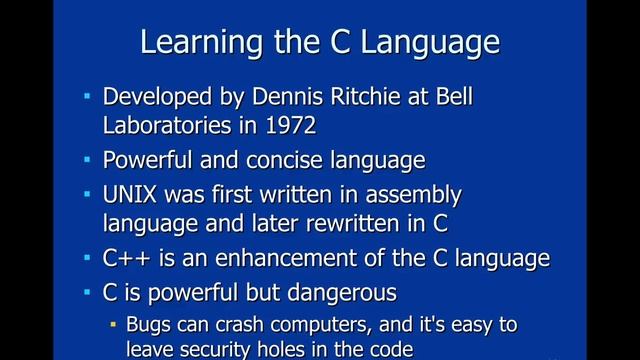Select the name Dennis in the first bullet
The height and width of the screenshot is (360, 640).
(282, 99)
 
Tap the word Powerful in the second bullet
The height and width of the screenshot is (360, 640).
(149, 160)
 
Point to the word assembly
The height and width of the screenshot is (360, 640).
(408, 193)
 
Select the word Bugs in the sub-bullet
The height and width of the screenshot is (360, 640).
(148, 325)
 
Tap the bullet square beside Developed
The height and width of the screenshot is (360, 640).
(87, 98)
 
